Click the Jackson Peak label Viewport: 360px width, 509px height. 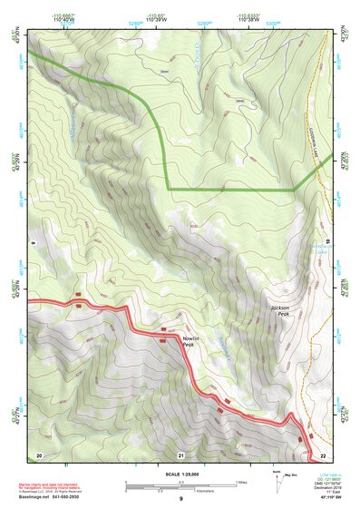(x=280, y=311)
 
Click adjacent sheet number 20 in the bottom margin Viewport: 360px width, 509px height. (x=39, y=454)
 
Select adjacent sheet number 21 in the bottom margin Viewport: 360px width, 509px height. (x=181, y=454)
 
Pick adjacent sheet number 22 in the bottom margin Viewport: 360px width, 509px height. (x=322, y=454)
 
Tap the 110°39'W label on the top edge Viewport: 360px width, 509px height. (x=156, y=19)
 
